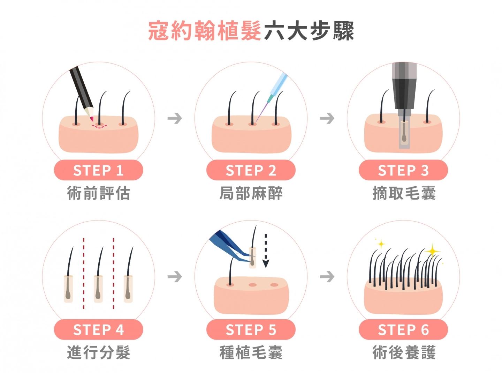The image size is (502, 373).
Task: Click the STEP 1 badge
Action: click(98, 170)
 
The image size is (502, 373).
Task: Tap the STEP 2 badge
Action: click(251, 170)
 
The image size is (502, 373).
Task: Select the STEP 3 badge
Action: click(403, 170)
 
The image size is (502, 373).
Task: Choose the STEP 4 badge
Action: click(98, 329)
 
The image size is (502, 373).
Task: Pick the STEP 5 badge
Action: click(251, 329)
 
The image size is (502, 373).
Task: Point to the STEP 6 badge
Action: click(403, 329)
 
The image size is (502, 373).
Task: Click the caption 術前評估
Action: click(99, 193)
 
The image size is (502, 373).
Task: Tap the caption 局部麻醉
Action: click(251, 193)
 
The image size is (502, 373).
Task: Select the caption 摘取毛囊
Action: click(404, 193)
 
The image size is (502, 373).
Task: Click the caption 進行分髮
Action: click(99, 353)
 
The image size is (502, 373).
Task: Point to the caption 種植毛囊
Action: click(251, 353)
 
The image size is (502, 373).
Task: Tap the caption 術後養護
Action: click(404, 353)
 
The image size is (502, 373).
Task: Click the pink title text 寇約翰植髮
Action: click(205, 31)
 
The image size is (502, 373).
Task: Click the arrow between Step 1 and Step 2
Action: click(175, 118)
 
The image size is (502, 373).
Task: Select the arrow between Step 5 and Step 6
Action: click(327, 276)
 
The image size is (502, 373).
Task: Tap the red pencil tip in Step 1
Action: click(92, 119)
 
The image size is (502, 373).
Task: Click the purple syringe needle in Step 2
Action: click(262, 113)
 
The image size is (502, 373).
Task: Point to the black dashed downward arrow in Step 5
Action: click(266, 251)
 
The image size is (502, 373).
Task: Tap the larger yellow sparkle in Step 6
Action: click(433, 251)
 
